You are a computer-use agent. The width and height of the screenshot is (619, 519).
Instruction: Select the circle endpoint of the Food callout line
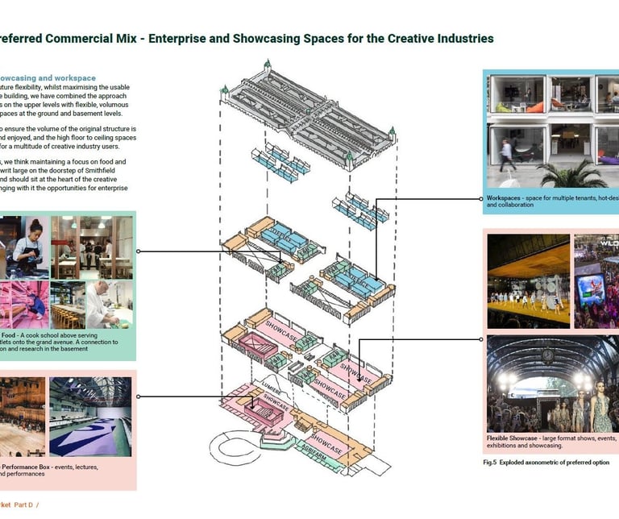coord(139,251)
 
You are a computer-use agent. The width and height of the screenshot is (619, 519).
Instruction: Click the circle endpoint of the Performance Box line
coord(139,396)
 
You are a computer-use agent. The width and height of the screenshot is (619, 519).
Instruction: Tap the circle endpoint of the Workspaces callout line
coord(483,197)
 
